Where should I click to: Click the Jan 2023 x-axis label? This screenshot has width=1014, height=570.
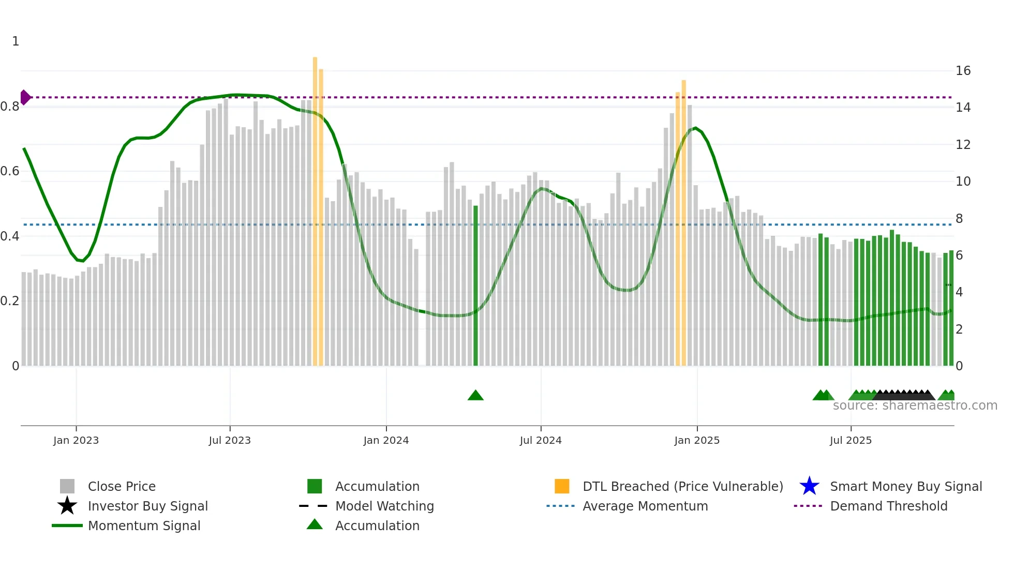click(76, 440)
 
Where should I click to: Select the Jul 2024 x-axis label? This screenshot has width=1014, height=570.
click(541, 440)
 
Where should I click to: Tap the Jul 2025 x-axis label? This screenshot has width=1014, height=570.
click(851, 440)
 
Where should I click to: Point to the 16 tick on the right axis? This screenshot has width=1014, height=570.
click(963, 71)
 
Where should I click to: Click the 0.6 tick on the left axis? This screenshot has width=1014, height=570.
click(10, 171)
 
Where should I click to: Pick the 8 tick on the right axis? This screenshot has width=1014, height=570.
click(959, 218)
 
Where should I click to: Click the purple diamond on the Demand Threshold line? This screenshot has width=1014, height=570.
click(25, 97)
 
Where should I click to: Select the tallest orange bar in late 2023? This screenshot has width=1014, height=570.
click(315, 207)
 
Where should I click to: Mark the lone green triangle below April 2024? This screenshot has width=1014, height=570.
click(475, 396)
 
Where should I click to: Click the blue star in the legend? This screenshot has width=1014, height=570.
click(809, 486)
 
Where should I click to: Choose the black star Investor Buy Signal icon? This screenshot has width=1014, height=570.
click(67, 506)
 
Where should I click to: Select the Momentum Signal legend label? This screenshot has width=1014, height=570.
click(144, 526)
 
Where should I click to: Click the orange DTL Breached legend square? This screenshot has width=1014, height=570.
click(562, 486)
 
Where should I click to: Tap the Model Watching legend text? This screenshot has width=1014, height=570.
click(384, 506)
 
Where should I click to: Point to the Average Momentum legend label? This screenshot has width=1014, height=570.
click(645, 506)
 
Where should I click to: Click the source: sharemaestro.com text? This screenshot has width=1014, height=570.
click(915, 406)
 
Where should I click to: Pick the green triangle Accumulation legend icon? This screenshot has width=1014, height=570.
click(315, 524)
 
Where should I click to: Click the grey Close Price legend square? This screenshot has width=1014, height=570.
click(67, 486)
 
